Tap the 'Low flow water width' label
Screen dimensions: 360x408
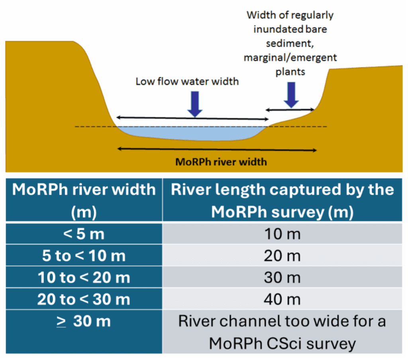click(x=187, y=82)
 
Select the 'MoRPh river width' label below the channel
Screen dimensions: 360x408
click(x=222, y=162)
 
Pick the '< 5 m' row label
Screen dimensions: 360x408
click(x=84, y=234)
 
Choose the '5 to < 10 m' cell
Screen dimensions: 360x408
click(x=84, y=256)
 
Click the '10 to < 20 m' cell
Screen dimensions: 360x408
click(x=84, y=277)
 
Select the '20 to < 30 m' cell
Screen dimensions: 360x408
click(x=84, y=299)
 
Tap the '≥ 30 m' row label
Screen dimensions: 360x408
click(x=84, y=321)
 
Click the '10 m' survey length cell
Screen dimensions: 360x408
click(x=282, y=234)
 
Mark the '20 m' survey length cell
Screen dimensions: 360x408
click(x=282, y=256)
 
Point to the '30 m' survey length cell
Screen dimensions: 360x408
click(x=282, y=277)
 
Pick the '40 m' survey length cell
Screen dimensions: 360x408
click(x=282, y=299)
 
